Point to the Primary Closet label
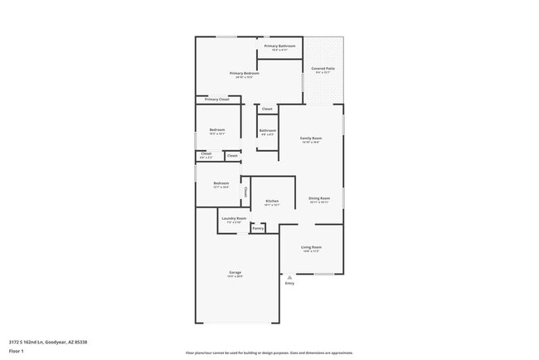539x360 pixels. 217,100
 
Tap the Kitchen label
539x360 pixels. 272,202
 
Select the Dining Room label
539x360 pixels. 319,198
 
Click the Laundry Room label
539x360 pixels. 234,219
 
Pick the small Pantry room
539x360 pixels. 258,228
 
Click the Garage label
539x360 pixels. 236,273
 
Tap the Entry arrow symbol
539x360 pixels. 289,277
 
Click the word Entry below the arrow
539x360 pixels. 289,284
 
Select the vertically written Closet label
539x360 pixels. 245,192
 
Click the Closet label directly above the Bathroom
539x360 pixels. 267,109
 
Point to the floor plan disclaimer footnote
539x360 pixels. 269,353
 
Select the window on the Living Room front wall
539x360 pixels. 324,274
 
